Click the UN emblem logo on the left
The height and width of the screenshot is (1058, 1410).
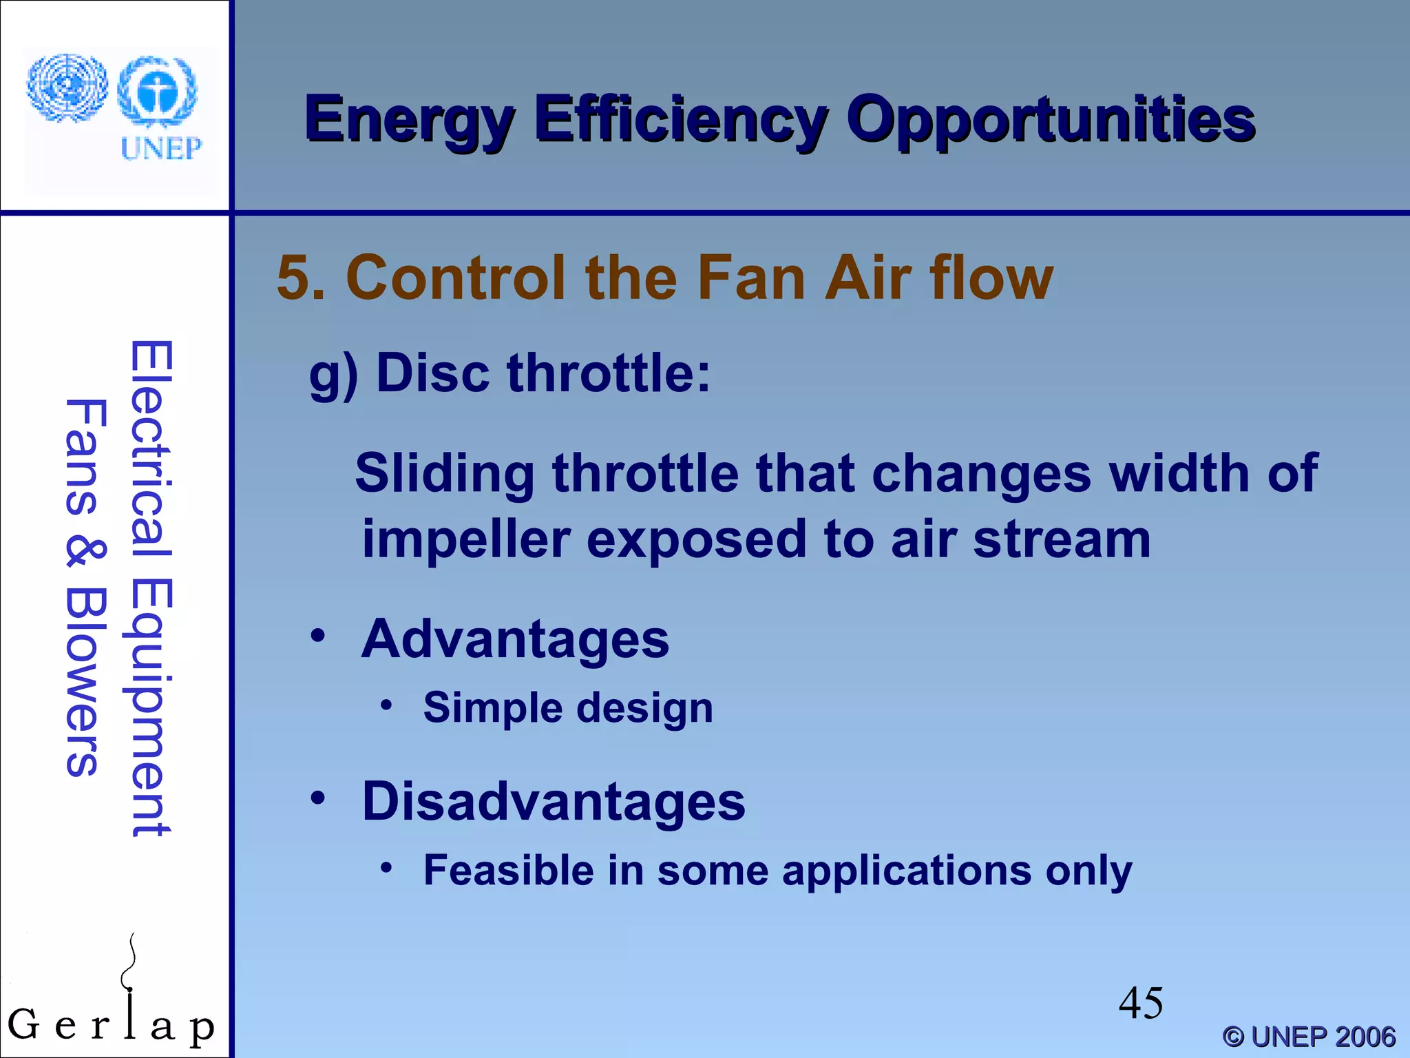point(67,88)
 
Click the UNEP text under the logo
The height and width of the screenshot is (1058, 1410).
point(161,148)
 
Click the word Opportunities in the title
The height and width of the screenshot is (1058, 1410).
point(1051,121)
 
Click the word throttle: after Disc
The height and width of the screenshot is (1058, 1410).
point(609,373)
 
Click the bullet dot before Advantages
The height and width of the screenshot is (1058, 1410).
point(317,636)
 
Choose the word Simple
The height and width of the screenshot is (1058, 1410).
point(492,707)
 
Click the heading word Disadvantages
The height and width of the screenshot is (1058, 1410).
point(554,802)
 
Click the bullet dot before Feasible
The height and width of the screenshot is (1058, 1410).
point(387,868)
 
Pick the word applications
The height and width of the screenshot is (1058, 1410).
point(907,871)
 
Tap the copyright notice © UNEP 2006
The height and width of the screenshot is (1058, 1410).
point(1309,1037)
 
